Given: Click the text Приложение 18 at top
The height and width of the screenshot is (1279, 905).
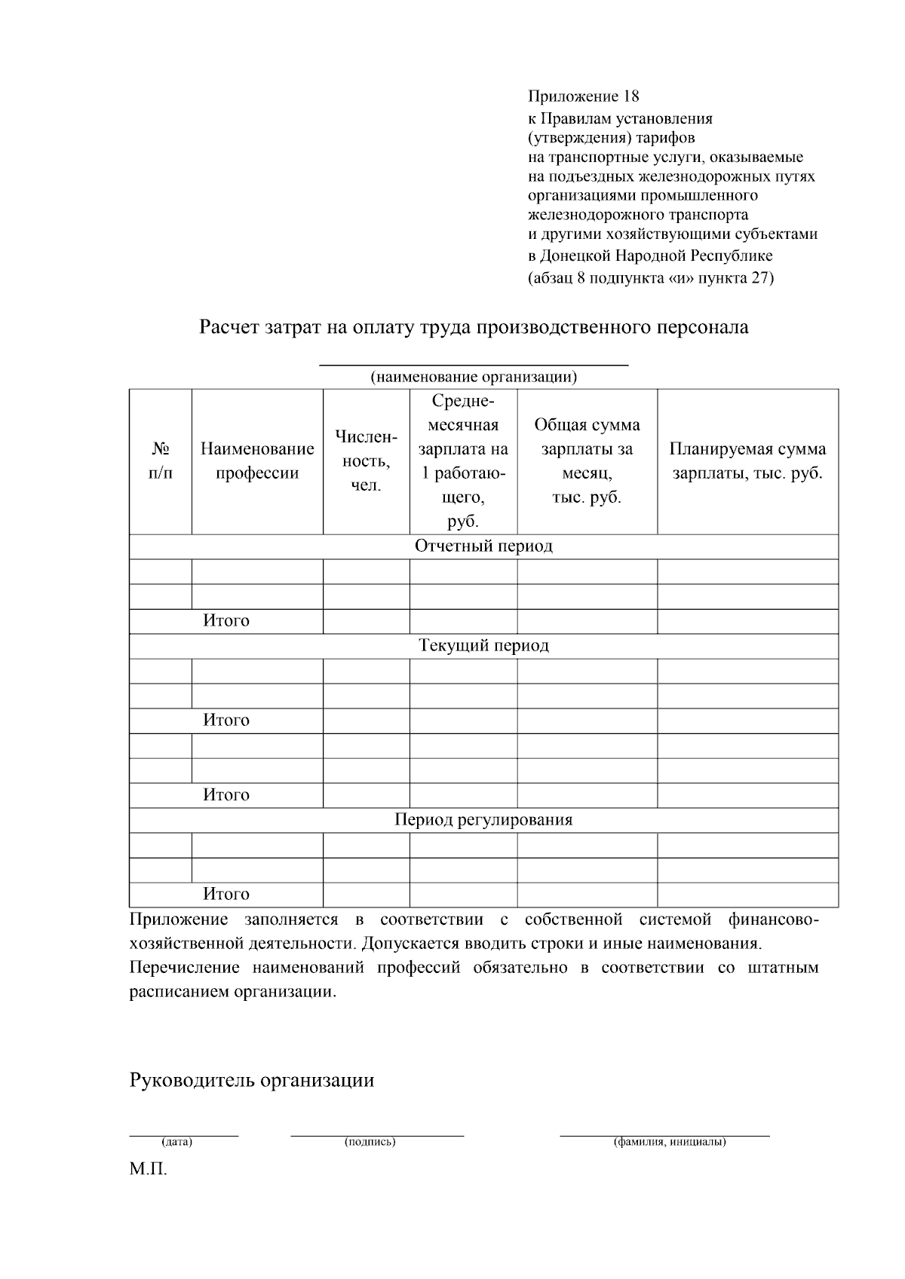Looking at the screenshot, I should pos(583,96).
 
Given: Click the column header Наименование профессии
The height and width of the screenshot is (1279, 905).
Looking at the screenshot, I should pos(257,461).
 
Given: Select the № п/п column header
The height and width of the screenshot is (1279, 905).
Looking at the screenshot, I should pos(160,461).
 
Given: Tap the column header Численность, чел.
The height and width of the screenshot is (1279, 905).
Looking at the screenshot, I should pos(366,461).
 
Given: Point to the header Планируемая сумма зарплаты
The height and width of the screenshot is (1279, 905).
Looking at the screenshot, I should pos(747,461).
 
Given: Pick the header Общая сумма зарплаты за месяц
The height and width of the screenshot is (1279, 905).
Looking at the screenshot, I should pos(587,461).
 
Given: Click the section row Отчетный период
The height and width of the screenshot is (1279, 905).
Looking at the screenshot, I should pos(483,546).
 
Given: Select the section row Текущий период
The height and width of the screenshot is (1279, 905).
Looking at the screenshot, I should pos(483,645).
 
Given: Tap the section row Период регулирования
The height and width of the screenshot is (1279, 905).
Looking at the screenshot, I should pos(483,819).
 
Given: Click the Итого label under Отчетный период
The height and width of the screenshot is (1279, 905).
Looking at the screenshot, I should pos(226,620).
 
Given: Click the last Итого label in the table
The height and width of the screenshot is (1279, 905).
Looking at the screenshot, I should pos(226,894).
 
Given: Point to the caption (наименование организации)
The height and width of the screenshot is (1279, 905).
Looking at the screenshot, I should pos(474,376).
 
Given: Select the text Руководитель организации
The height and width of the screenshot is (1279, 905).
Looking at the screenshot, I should pos(252,1080).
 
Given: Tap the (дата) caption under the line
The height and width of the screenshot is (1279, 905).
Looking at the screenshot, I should pos(177,1142).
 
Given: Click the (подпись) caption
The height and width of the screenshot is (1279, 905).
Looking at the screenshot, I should pos(370,1142).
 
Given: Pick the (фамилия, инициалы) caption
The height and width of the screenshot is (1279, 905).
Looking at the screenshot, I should pos(670,1142).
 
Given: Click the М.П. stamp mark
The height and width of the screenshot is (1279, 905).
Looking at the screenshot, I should pos(148,1170).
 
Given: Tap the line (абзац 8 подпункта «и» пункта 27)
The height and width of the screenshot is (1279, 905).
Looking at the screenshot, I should pos(650,277).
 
